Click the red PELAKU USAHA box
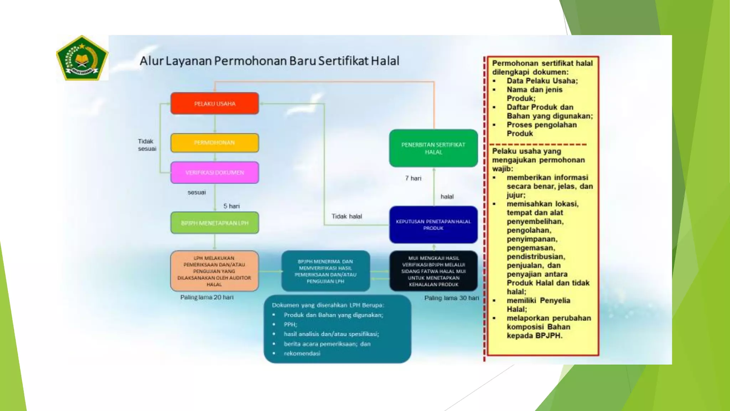tap(215, 103)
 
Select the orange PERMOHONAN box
tap(215, 143)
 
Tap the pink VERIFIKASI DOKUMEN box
tap(215, 173)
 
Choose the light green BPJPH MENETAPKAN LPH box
tap(215, 223)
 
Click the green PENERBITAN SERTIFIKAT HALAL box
tap(433, 148)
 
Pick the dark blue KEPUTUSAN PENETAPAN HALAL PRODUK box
tap(433, 225)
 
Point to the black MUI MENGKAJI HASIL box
tap(433, 271)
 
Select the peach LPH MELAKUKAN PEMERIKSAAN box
tap(214, 271)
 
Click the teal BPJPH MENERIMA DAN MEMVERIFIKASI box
tap(325, 271)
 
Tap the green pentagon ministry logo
tap(82, 58)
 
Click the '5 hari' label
tap(232, 206)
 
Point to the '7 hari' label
tap(413, 178)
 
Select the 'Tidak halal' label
tap(346, 217)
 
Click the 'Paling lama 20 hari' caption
tap(207, 297)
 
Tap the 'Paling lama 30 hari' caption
tap(451, 298)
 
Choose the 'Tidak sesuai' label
tap(147, 145)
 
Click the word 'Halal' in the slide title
tap(385, 61)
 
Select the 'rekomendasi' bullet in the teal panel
tap(302, 354)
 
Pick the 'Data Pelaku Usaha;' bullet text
tap(542, 81)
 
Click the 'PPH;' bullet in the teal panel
tap(290, 325)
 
